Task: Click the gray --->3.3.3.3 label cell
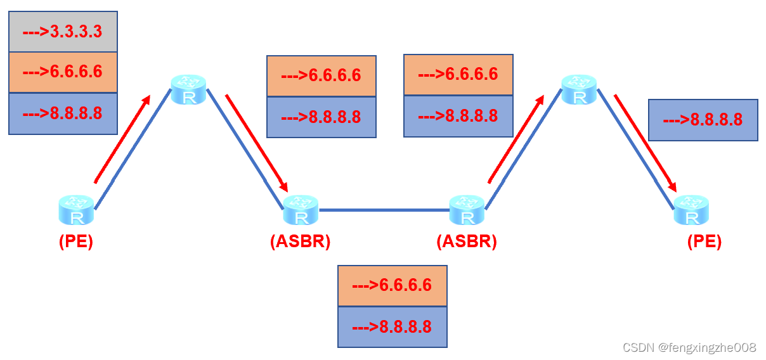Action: point(63,31)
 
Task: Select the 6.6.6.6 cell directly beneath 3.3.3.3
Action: point(63,72)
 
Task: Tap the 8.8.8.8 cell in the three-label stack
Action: point(63,113)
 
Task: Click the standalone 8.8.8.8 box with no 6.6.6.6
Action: point(703,120)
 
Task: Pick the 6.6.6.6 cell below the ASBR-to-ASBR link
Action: point(392,285)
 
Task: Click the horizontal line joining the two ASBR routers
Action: point(384,210)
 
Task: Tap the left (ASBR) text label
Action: point(300,241)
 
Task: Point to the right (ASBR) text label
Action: point(467,241)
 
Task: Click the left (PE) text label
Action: point(76,242)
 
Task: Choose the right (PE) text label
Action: point(704,241)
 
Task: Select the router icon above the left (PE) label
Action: point(77,210)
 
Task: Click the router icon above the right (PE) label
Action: point(691,210)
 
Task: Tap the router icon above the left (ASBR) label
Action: point(301,210)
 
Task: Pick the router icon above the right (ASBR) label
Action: point(467,210)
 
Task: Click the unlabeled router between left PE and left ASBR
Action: point(189,89)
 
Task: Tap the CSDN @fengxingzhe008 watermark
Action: point(689,347)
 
